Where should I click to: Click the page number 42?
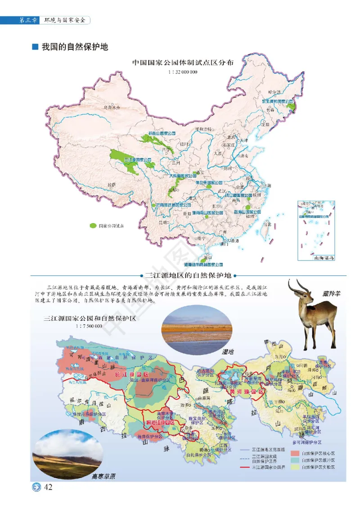pyautogui.click(x=48, y=488)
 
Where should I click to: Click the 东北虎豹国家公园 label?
pyautogui.click(x=278, y=102)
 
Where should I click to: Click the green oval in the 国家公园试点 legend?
pyautogui.click(x=93, y=225)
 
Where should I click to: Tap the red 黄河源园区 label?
pyautogui.click(x=246, y=391)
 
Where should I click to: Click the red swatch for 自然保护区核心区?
pyautogui.click(x=295, y=454)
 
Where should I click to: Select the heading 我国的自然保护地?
pyautogui.click(x=75, y=46)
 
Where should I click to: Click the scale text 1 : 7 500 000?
pyautogui.click(x=89, y=326)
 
